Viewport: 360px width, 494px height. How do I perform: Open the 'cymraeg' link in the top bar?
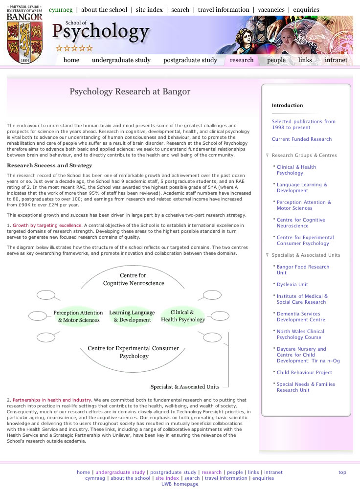pos(61,9)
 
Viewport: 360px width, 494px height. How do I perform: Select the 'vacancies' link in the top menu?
pos(270,9)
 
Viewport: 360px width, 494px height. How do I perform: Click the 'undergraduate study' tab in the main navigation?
pos(121,60)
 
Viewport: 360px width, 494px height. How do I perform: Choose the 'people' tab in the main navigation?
pos(276,60)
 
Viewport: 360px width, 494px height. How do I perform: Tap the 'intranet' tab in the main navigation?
pos(336,60)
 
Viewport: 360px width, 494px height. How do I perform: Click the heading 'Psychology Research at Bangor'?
pos(130,91)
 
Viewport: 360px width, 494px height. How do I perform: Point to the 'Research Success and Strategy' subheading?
pos(49,165)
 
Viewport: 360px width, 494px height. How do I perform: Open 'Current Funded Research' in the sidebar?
pos(301,139)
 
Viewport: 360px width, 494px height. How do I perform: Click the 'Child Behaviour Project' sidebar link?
pos(304,372)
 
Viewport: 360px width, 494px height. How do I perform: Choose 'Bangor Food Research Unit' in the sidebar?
pos(303,269)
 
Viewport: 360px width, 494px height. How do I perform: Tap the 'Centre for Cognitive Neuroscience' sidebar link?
pos(300,223)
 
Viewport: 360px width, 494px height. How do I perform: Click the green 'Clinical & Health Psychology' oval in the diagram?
pos(182,316)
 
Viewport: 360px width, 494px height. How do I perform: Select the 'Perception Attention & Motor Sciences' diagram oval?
pos(78,316)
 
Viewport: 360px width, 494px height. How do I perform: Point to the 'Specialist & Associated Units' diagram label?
pos(185,386)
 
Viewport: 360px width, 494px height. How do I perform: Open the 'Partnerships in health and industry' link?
pos(52,400)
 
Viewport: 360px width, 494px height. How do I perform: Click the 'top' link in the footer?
pos(342,472)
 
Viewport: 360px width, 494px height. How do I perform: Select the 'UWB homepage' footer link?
pos(180,484)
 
